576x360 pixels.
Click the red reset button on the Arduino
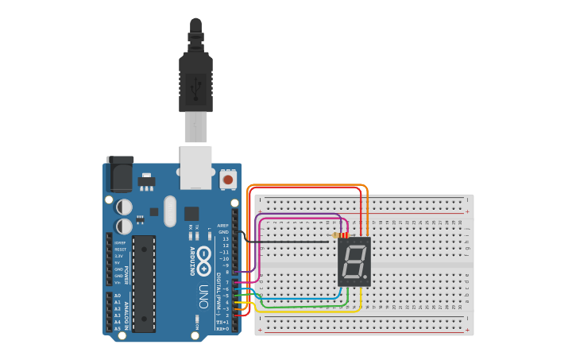[228, 180]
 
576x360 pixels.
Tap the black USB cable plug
[195, 75]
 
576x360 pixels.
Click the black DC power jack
[120, 175]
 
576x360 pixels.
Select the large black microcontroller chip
[144, 282]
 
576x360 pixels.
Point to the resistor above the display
[341, 235]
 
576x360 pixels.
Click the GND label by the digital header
[224, 232]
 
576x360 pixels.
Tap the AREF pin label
[223, 226]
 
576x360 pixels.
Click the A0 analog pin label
[118, 295]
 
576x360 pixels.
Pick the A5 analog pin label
[118, 328]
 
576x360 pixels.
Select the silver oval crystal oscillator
[170, 211]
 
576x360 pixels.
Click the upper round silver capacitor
[125, 207]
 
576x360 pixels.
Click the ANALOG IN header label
[126, 312]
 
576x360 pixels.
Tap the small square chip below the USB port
[191, 213]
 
